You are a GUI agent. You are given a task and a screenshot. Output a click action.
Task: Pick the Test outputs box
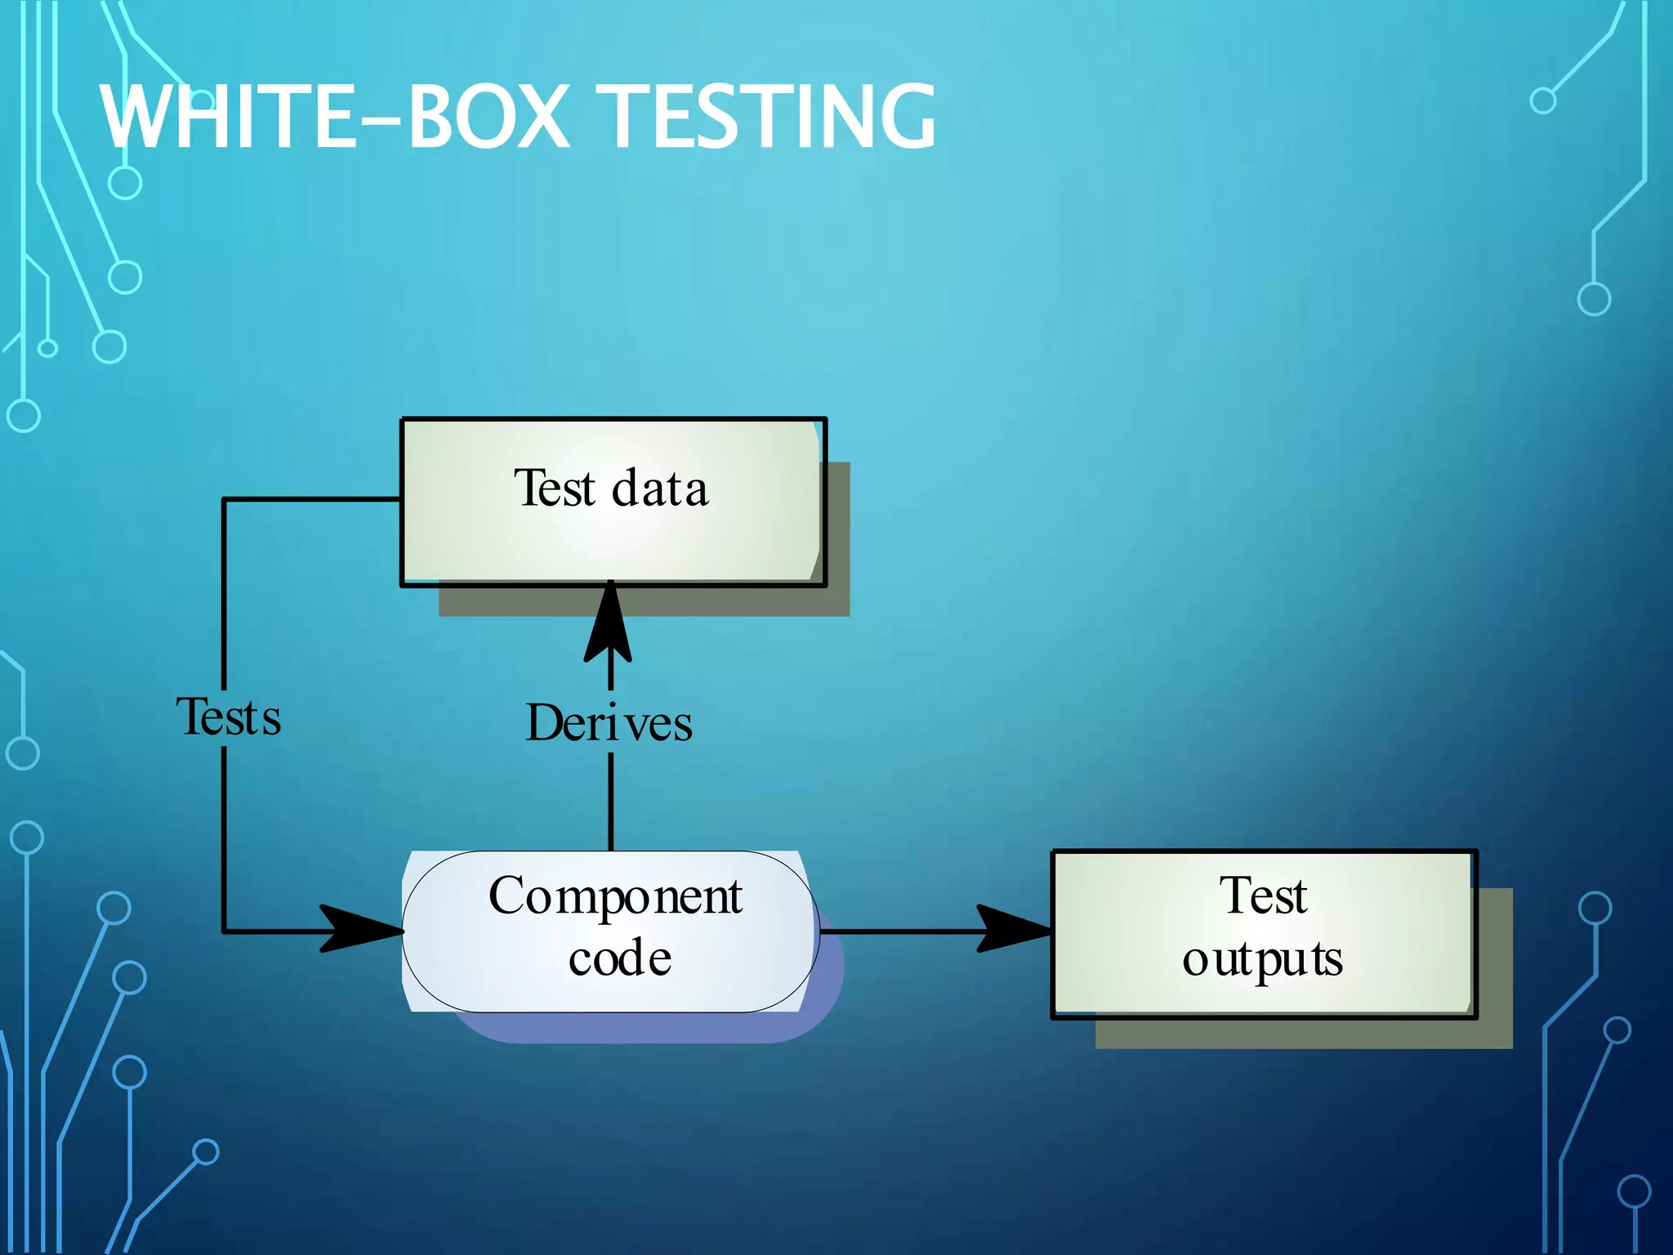(1264, 933)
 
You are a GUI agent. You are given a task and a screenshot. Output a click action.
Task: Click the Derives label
(609, 723)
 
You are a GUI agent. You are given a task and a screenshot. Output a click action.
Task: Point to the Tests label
(229, 717)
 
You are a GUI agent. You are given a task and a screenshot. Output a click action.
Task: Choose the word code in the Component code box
(620, 958)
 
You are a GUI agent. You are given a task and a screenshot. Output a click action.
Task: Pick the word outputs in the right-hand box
(1263, 960)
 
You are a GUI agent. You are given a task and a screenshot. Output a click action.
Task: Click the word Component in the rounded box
(615, 896)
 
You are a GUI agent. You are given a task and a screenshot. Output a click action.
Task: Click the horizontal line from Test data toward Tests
(310, 498)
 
